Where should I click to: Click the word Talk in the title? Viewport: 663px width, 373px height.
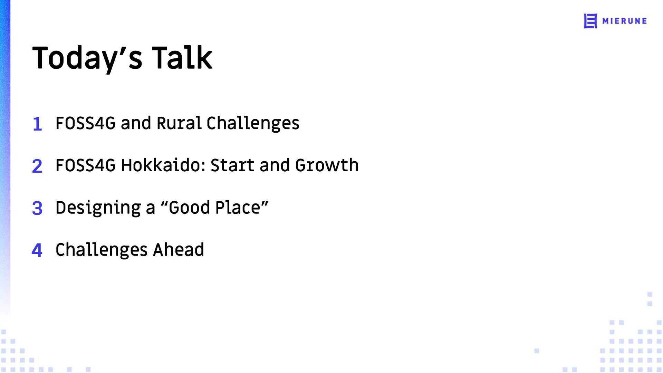click(x=182, y=57)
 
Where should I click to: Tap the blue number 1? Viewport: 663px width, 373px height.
click(x=37, y=124)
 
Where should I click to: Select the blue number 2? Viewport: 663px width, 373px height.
click(x=37, y=166)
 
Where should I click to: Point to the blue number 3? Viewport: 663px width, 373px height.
click(x=37, y=208)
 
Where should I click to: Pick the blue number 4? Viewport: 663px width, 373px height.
click(x=37, y=250)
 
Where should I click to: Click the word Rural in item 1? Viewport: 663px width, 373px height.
click(x=179, y=123)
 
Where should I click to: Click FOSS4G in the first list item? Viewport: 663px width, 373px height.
click(x=86, y=123)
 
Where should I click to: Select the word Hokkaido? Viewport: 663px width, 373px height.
click(x=163, y=165)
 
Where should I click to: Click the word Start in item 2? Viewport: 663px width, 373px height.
click(x=233, y=165)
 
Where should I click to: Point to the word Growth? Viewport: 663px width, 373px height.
click(x=327, y=165)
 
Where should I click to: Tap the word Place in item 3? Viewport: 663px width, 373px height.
click(x=238, y=208)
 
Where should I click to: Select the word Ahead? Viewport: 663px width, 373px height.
click(x=179, y=249)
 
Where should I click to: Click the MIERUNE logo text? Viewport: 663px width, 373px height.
click(x=625, y=21)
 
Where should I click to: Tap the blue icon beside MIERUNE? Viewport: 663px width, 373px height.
click(x=590, y=21)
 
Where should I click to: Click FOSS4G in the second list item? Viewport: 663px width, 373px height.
click(x=86, y=165)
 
